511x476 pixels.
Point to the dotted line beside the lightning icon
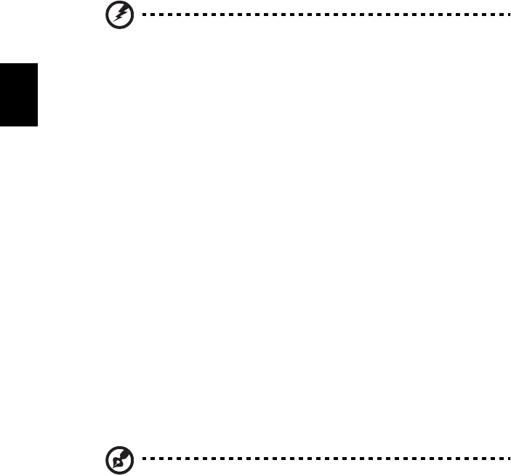coord(320,14)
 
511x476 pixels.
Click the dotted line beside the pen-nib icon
coord(320,459)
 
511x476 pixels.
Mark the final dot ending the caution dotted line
coord(502,14)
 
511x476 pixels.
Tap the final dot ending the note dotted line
coord(502,459)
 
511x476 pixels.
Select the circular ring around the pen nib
coord(105,459)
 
